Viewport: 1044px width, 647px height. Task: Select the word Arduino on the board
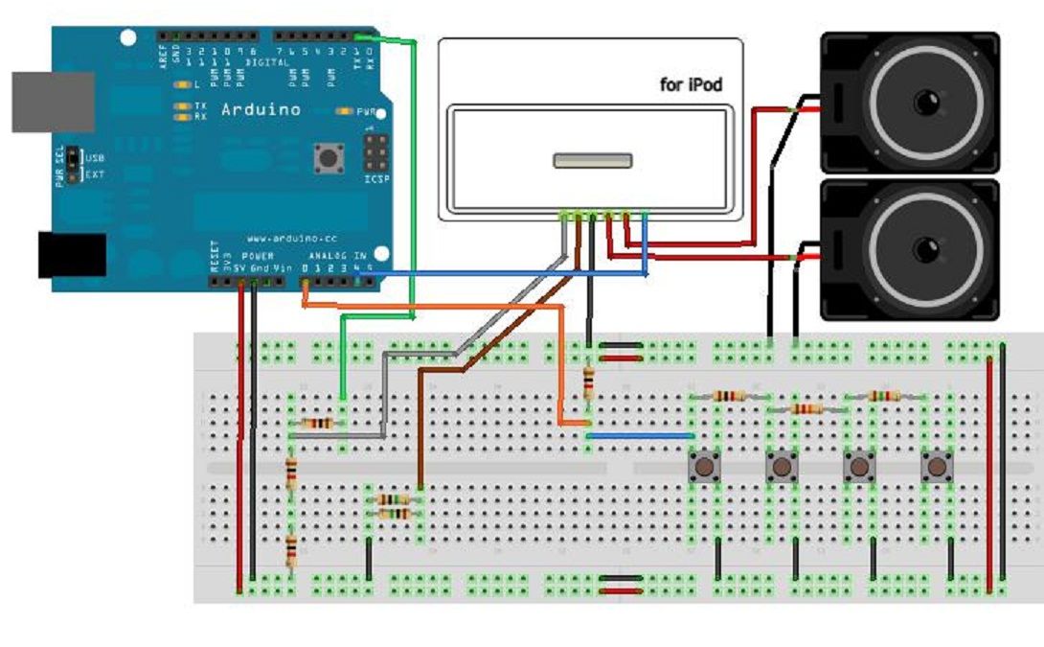tap(261, 109)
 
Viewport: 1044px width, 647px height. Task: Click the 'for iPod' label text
tap(691, 85)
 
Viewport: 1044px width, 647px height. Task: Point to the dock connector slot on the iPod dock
tap(592, 160)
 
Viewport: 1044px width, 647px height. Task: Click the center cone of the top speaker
tap(925, 102)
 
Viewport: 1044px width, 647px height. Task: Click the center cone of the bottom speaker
tap(925, 249)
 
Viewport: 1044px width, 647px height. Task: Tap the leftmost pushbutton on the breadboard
tap(706, 468)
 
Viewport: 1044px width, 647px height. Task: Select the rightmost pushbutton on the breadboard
tap(937, 468)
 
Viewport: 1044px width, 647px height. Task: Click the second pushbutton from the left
tap(783, 468)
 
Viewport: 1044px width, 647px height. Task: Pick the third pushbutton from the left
tap(859, 468)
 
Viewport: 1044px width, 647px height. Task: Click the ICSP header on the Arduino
tap(375, 151)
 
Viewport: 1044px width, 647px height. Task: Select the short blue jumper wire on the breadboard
tap(639, 435)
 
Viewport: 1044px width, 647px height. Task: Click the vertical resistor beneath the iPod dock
tap(588, 382)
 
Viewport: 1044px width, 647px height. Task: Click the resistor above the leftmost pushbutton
tap(729, 396)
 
